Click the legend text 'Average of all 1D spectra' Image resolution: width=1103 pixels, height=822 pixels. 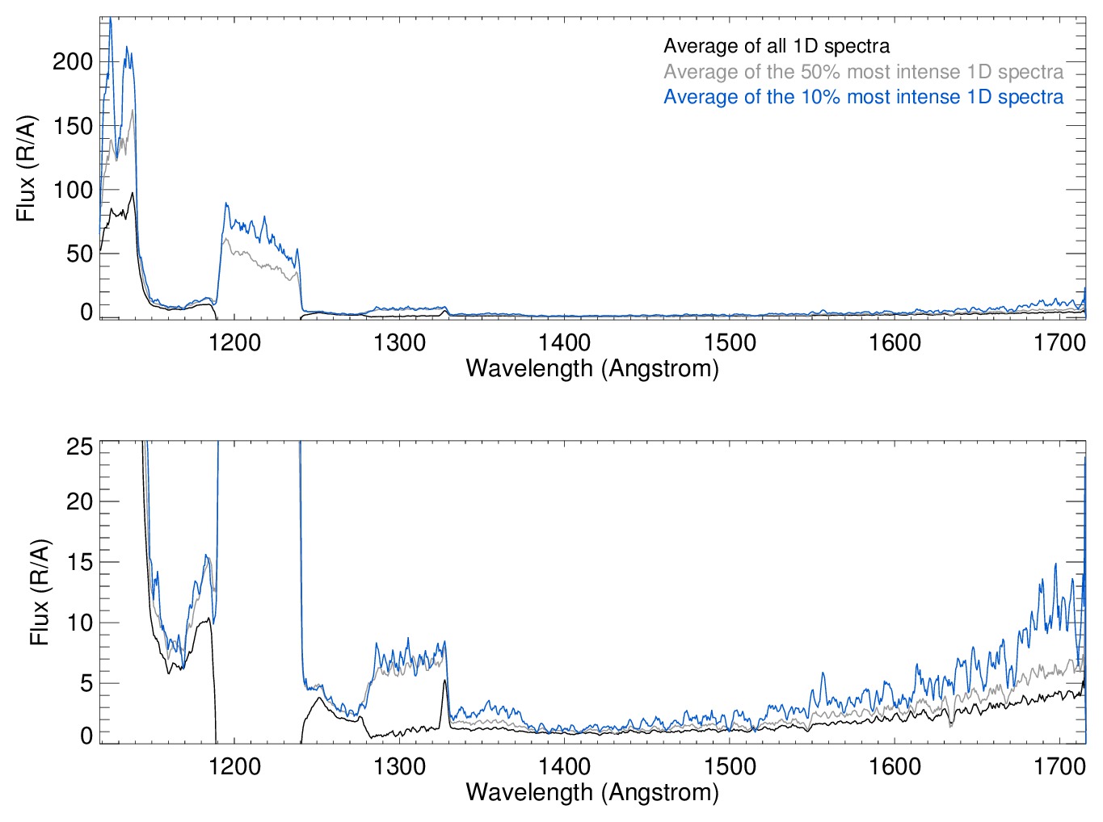[777, 46]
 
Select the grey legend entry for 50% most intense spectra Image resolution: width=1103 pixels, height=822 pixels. [863, 72]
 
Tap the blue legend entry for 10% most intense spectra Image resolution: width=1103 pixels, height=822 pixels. [863, 97]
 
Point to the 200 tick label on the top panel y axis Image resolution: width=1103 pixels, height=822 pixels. [73, 62]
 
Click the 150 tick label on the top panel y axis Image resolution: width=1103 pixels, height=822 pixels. [73, 126]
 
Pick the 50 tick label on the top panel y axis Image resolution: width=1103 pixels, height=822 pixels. [79, 254]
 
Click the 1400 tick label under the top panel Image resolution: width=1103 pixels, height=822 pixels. [565, 343]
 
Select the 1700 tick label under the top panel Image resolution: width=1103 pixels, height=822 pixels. [1059, 343]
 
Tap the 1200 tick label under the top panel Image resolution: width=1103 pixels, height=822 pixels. [234, 343]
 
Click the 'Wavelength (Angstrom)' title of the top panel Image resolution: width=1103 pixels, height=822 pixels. [592, 369]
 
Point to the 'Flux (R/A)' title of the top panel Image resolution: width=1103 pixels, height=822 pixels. [27, 169]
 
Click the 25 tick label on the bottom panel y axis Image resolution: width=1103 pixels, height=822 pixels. [79, 447]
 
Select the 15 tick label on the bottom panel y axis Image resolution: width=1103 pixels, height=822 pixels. [79, 562]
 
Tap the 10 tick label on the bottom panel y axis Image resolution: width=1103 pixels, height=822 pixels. [79, 623]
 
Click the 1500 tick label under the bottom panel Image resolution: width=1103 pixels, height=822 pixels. [730, 766]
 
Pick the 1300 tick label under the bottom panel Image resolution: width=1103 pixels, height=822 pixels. [399, 766]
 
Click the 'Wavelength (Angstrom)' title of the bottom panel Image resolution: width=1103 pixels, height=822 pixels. [592, 792]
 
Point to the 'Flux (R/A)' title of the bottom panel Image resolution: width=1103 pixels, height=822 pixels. [39, 592]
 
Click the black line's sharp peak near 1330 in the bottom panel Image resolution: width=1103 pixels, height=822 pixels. [444, 681]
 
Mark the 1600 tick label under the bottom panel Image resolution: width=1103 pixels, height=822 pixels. [895, 766]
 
